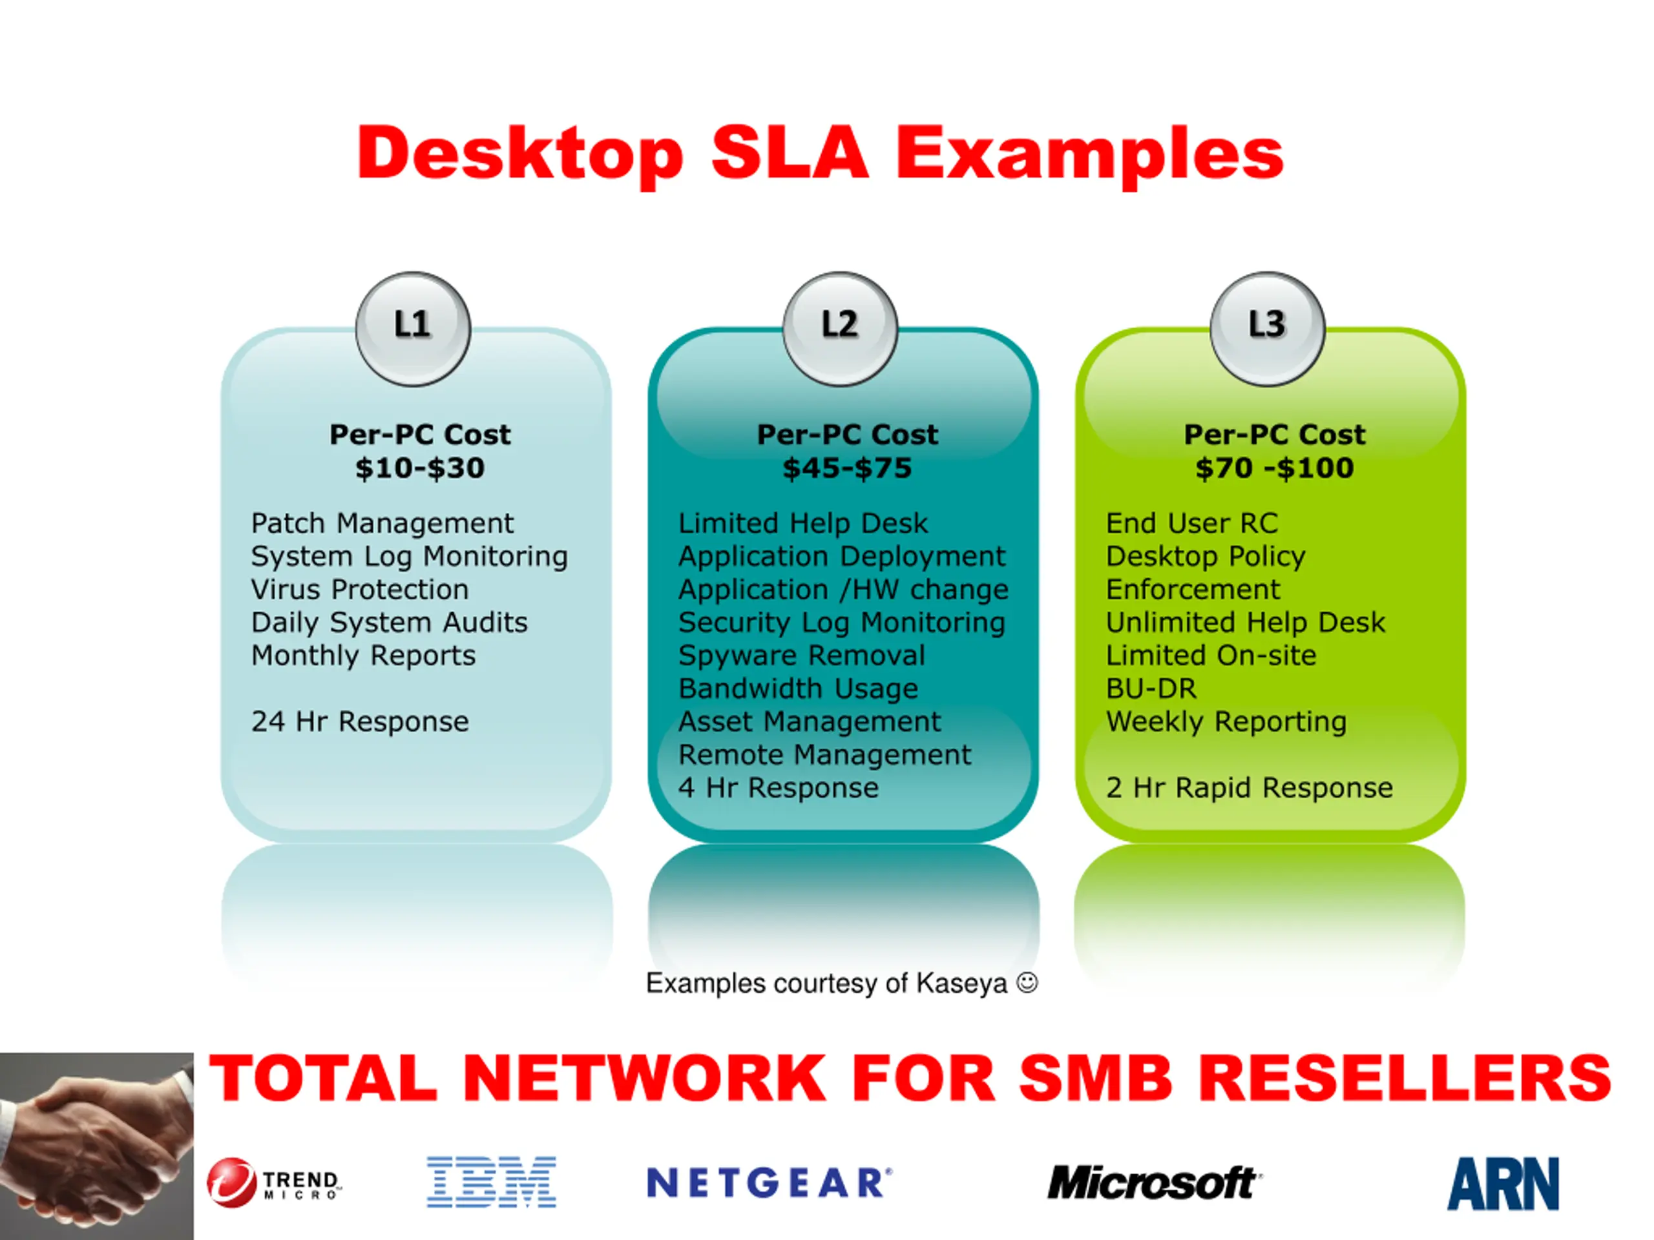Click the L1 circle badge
coord(413,329)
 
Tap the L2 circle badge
coord(840,329)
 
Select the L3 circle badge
coord(1268,329)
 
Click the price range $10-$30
coord(420,468)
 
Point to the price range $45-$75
coord(847,468)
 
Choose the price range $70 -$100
coord(1275,468)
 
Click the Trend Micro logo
coord(275,1183)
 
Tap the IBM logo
coord(491,1182)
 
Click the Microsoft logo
coord(1155,1183)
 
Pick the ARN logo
coord(1503,1183)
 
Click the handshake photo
coord(96,1146)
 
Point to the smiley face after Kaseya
coord(1027,982)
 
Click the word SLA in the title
coord(790,153)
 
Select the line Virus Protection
coord(360,589)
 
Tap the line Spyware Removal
coord(802,656)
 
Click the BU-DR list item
coord(1151,688)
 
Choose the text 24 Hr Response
coord(360,721)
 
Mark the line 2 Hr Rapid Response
coord(1250,788)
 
